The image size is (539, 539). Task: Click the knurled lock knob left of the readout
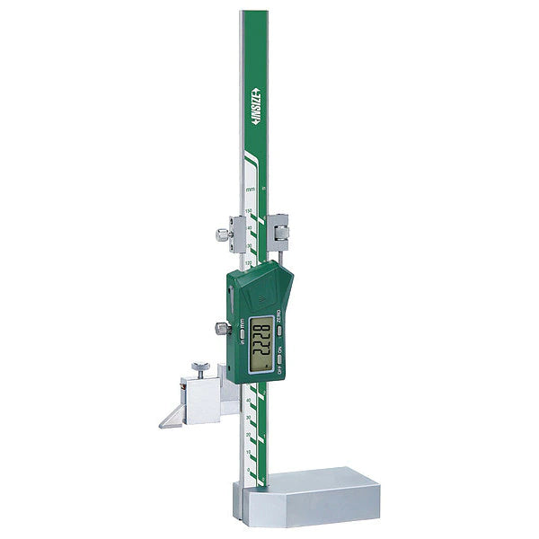pyautogui.click(x=219, y=330)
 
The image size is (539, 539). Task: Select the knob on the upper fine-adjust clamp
pyautogui.click(x=221, y=234)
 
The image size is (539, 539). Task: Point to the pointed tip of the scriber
pyautogui.click(x=162, y=425)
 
